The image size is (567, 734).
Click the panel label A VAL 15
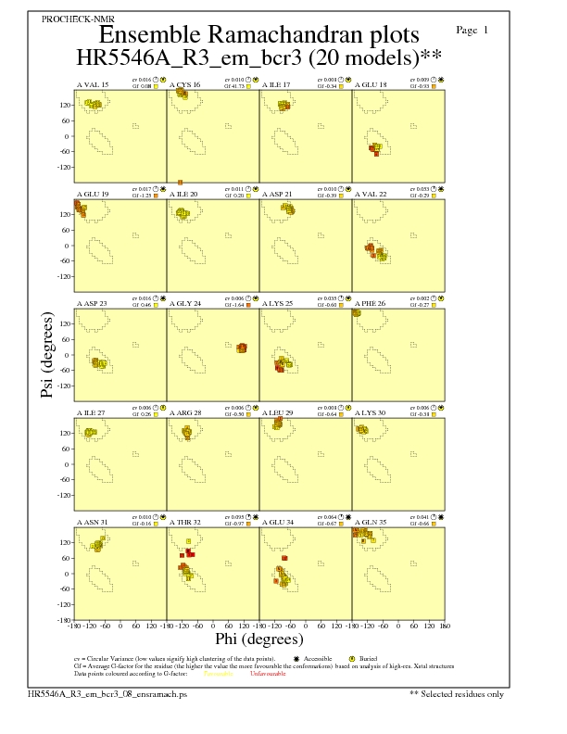(x=92, y=84)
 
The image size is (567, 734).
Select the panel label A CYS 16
(x=184, y=84)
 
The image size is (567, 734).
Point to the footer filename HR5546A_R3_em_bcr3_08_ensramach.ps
(x=107, y=692)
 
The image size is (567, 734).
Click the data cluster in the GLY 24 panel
(x=241, y=348)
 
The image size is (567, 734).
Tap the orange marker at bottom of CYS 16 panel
(x=181, y=182)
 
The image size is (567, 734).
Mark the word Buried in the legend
(x=358, y=658)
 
